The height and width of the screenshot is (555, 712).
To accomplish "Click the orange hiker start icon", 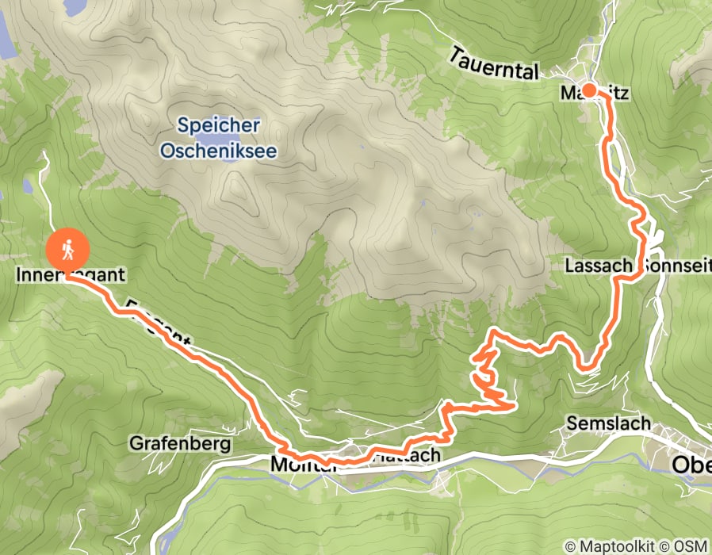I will click(x=67, y=249).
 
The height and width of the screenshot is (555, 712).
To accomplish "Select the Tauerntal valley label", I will click(x=493, y=63).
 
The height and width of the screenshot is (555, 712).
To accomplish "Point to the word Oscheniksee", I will click(x=218, y=150).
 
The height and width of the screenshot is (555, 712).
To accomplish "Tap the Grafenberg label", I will click(x=182, y=443).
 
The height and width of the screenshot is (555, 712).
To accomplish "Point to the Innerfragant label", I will click(x=71, y=276).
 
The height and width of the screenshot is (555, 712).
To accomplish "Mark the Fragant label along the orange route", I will click(x=159, y=321).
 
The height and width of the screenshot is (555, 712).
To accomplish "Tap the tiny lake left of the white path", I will click(x=28, y=186).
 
